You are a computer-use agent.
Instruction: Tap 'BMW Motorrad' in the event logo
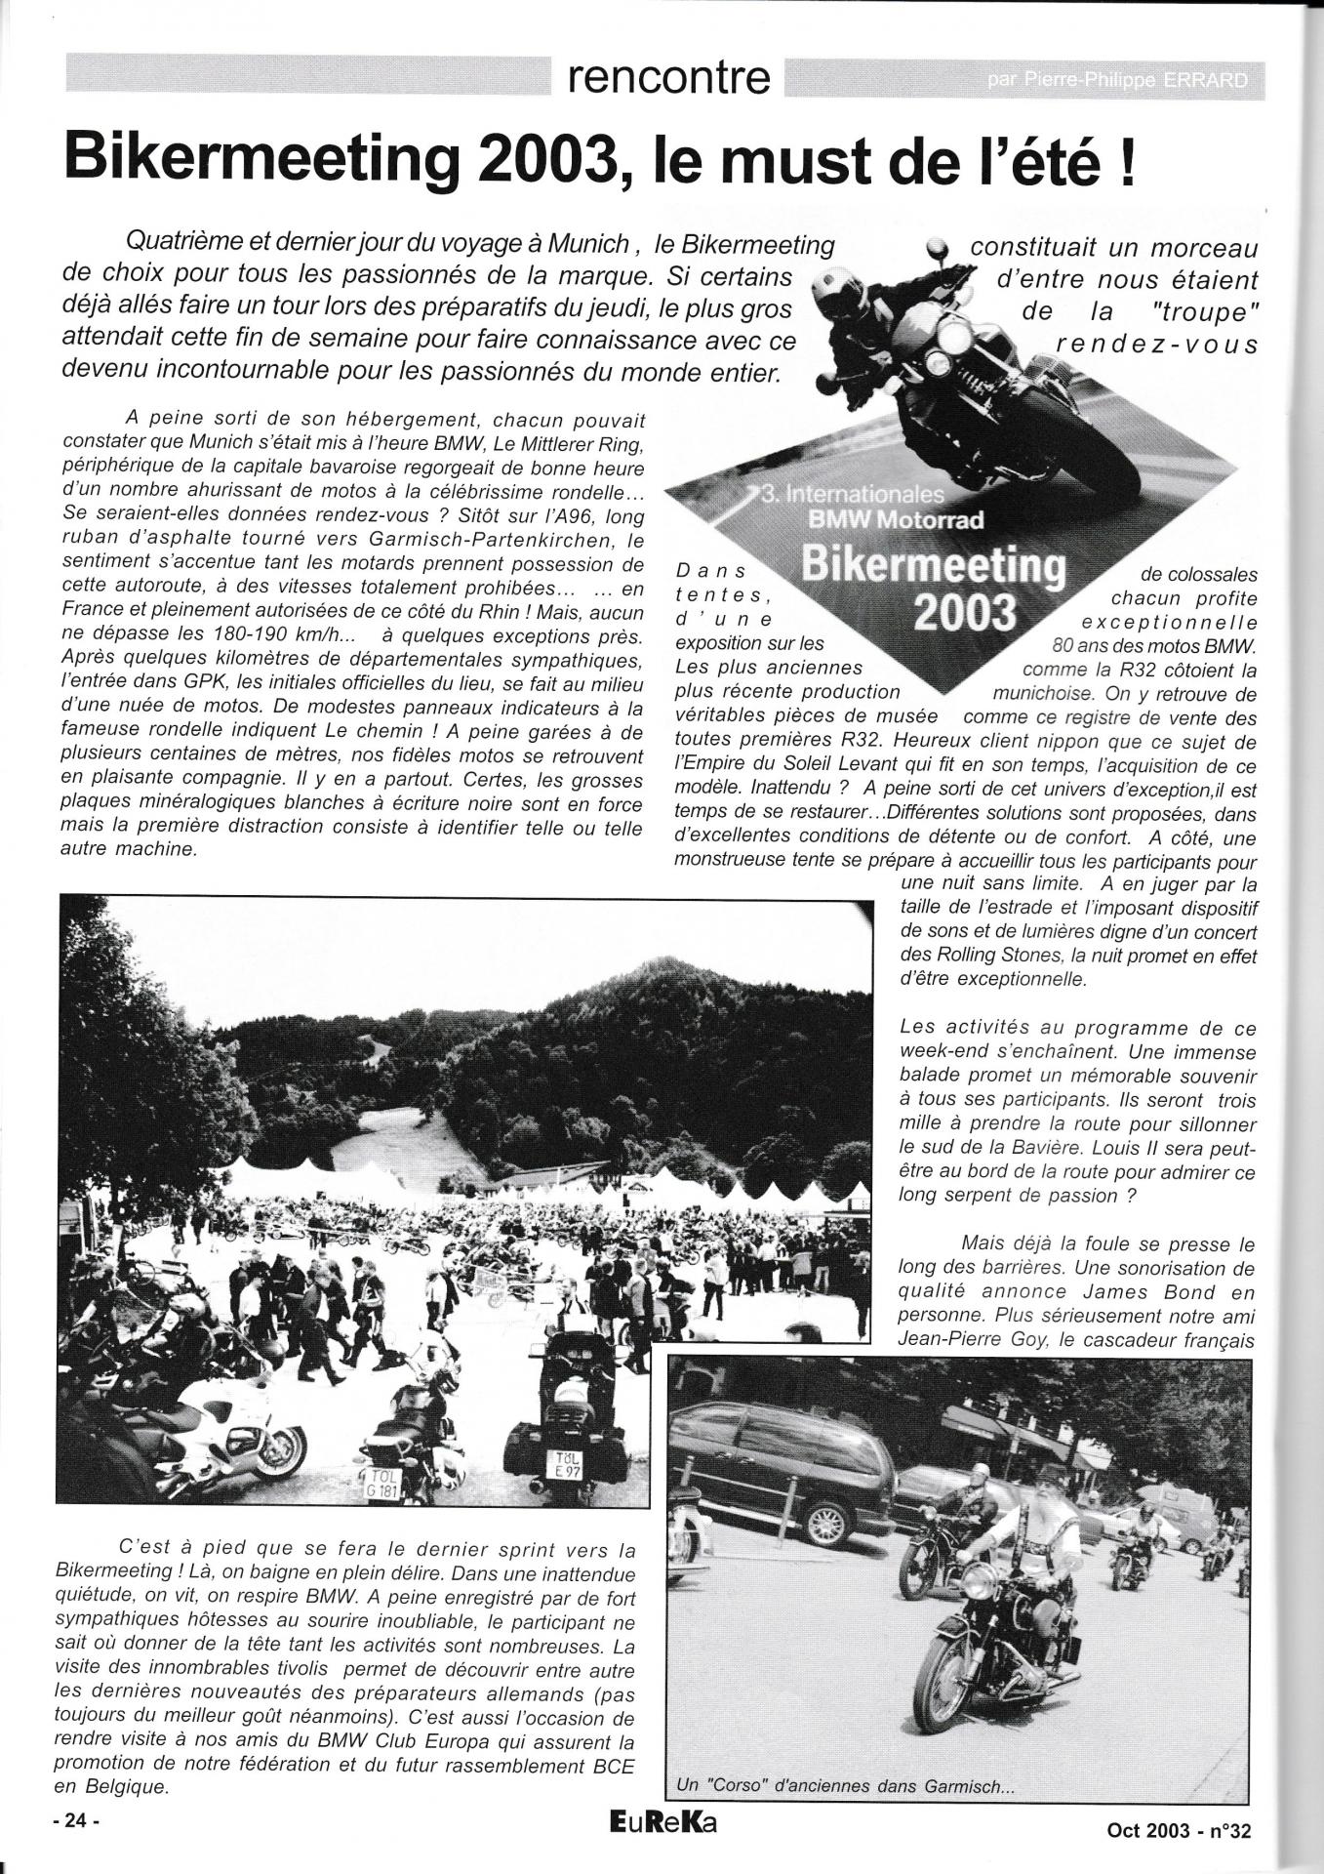(885, 519)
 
